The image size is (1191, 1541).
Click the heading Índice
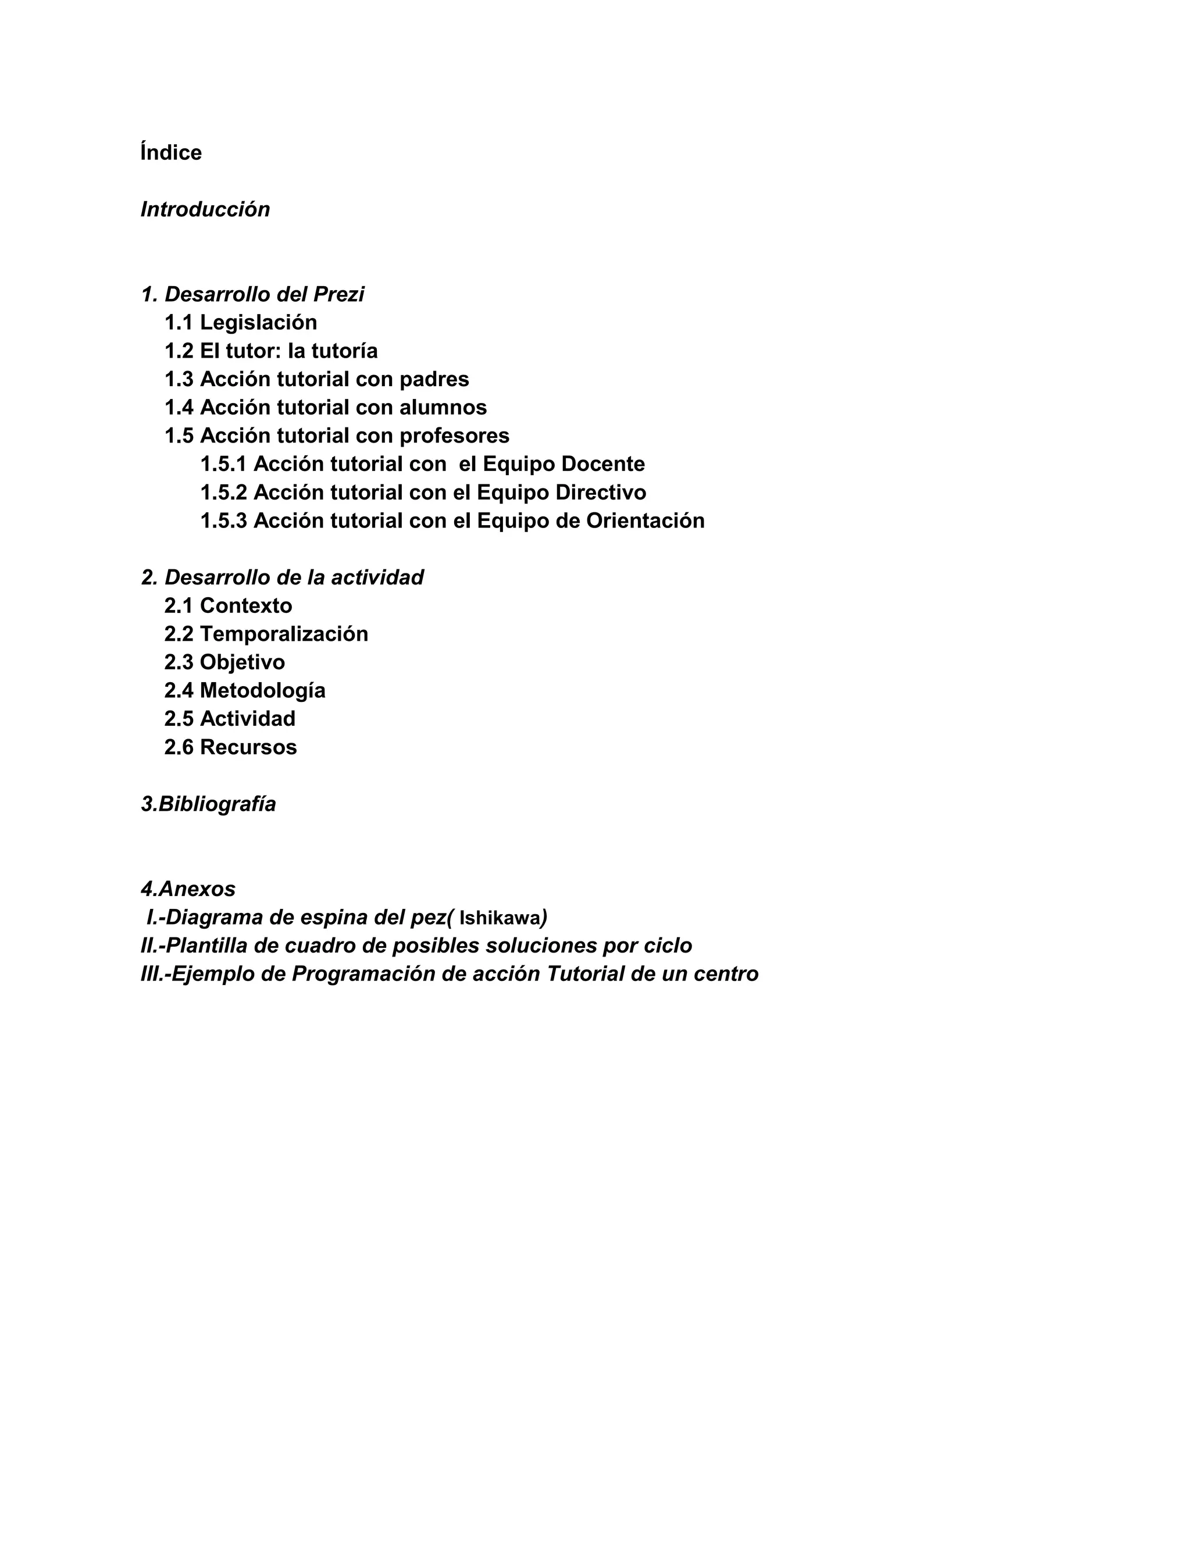click(171, 152)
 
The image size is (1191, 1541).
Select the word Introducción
click(205, 209)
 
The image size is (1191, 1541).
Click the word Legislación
click(258, 323)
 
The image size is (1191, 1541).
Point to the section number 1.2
click(179, 351)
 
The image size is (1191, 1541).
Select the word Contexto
click(245, 605)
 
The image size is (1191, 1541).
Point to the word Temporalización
click(284, 634)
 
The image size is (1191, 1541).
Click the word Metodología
click(262, 690)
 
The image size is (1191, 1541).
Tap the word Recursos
click(248, 747)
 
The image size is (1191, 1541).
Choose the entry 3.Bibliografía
click(208, 804)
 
